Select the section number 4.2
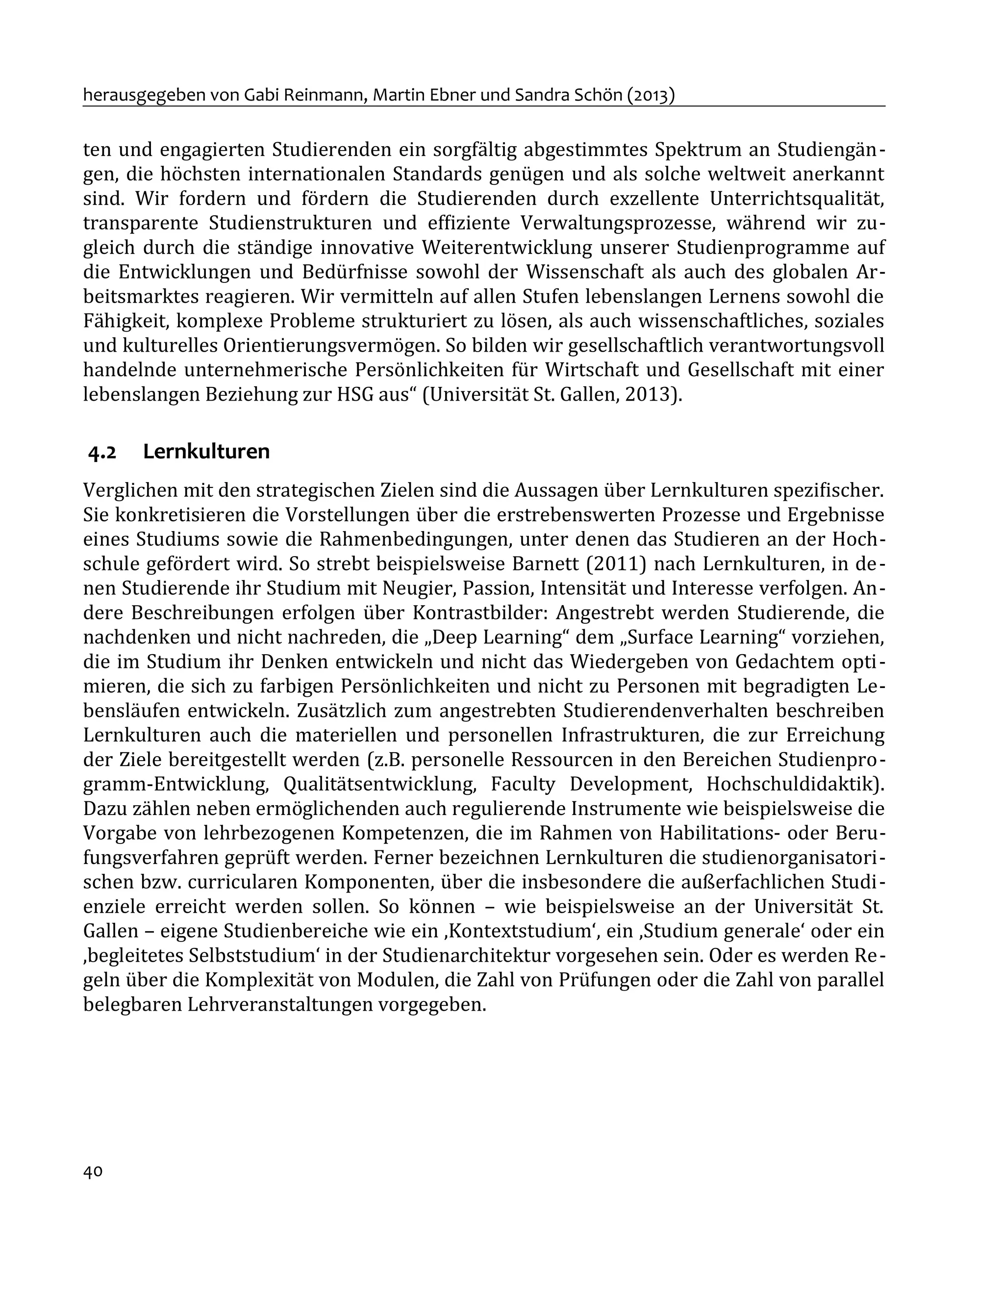click(x=102, y=453)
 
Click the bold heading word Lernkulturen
click(x=206, y=452)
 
